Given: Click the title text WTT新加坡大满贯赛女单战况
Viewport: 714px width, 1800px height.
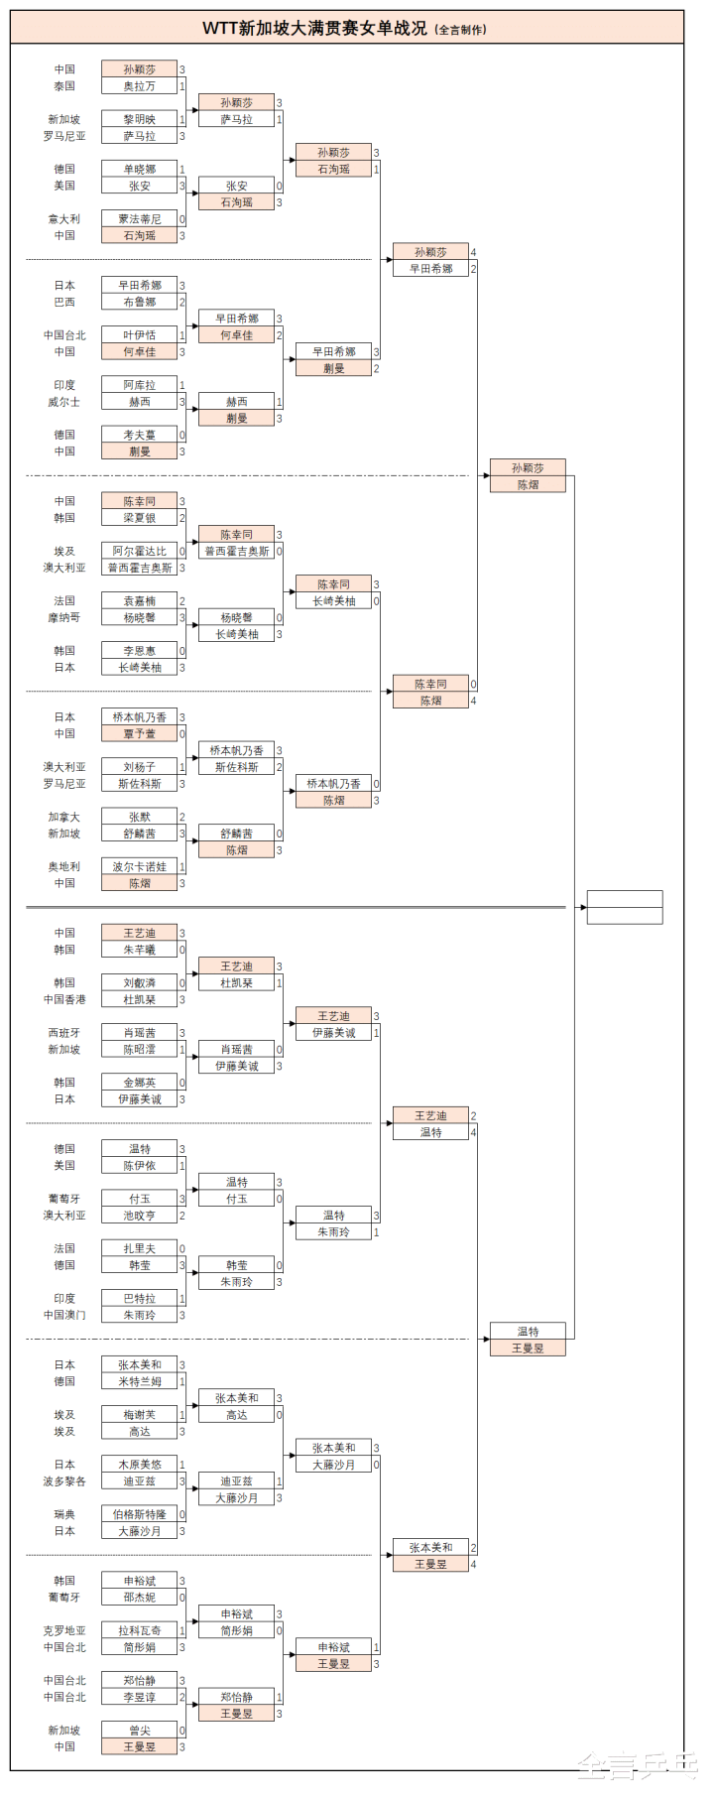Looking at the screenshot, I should click(314, 29).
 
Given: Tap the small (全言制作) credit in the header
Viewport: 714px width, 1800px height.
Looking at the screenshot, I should click(460, 30).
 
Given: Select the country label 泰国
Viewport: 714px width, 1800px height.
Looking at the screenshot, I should click(64, 86).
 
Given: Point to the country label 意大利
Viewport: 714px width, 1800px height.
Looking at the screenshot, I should click(64, 219).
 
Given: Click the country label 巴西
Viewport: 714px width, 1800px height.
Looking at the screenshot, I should click(64, 302).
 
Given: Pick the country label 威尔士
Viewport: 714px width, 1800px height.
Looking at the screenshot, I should click(64, 402).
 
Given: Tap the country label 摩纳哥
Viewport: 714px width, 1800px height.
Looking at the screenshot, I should click(64, 617).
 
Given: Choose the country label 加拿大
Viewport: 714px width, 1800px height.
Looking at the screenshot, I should click(64, 817).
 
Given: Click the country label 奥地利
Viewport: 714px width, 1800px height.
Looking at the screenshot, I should click(64, 866).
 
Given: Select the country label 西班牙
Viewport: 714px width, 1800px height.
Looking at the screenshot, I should click(64, 1033).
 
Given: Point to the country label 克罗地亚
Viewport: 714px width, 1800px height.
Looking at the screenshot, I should click(64, 1630).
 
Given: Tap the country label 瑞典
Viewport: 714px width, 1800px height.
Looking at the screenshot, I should click(64, 1514).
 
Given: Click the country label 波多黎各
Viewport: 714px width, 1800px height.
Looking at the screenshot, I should click(64, 1481).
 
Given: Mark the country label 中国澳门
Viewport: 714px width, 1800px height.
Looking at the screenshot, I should click(64, 1315).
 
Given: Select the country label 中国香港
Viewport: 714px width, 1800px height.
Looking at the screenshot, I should click(64, 999).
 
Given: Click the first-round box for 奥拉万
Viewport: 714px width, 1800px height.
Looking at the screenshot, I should click(139, 86).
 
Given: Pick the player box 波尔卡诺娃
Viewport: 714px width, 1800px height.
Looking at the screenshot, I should click(139, 866).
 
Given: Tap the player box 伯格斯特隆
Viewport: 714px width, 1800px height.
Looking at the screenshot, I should click(139, 1514).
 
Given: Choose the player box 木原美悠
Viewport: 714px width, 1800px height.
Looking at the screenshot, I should click(139, 1465).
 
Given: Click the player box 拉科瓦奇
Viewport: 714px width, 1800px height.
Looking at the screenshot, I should click(139, 1630).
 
